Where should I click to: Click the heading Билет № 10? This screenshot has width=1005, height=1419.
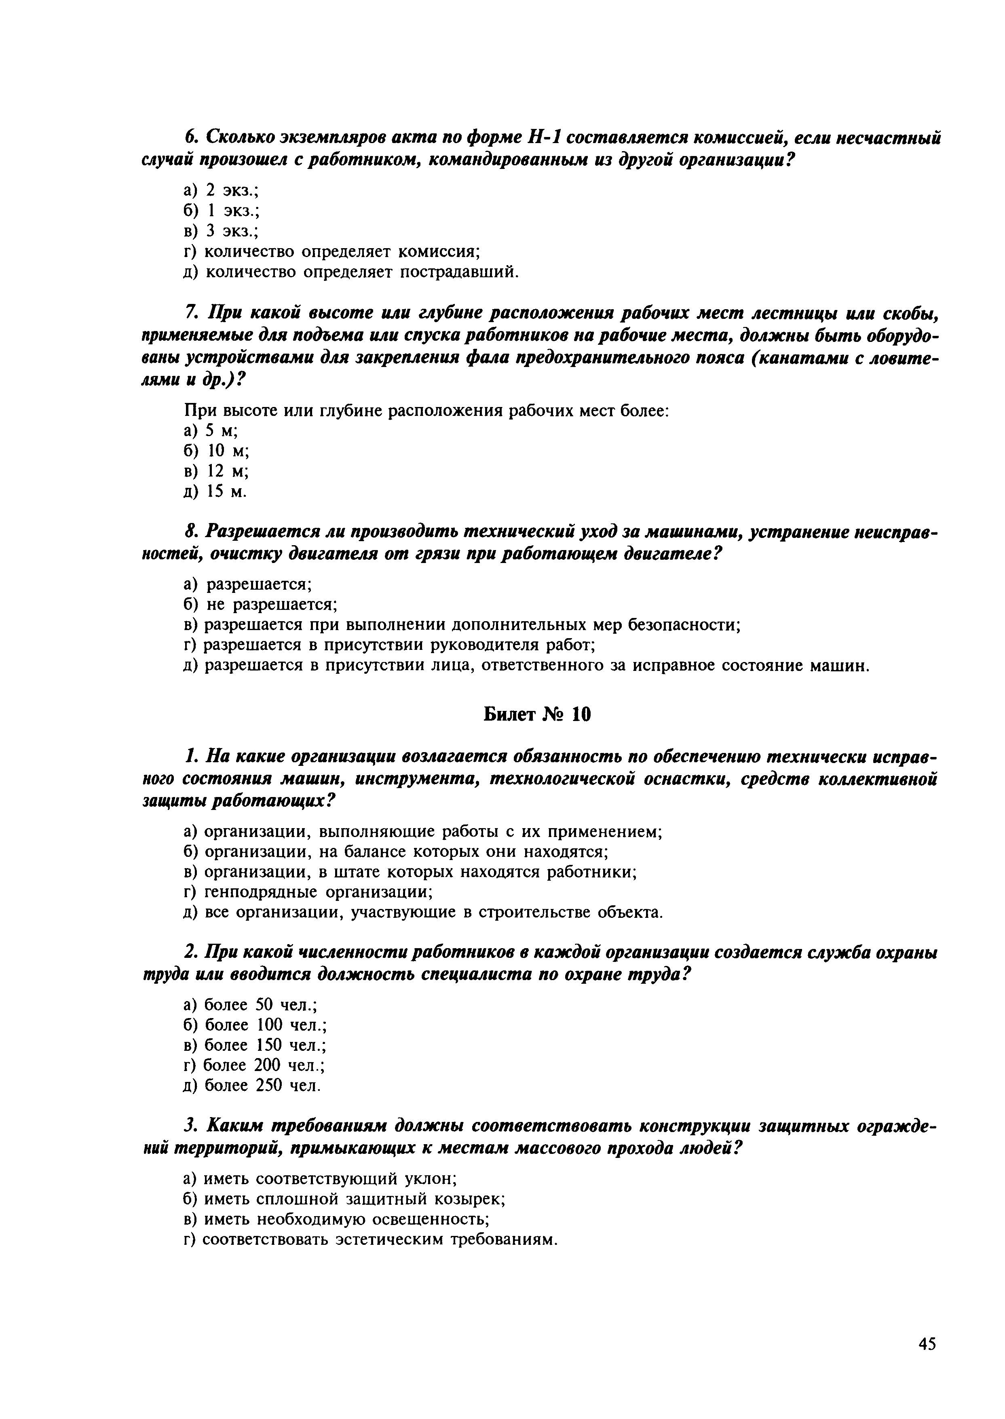pyautogui.click(x=536, y=715)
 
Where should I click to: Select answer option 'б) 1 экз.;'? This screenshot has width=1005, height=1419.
pyautogui.click(x=221, y=211)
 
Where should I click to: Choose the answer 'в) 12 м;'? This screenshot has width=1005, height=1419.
pyautogui.click(x=216, y=471)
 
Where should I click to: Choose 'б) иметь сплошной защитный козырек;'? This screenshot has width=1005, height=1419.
pyautogui.click(x=345, y=1199)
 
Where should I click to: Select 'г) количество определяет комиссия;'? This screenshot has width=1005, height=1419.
pyautogui.click(x=332, y=251)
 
